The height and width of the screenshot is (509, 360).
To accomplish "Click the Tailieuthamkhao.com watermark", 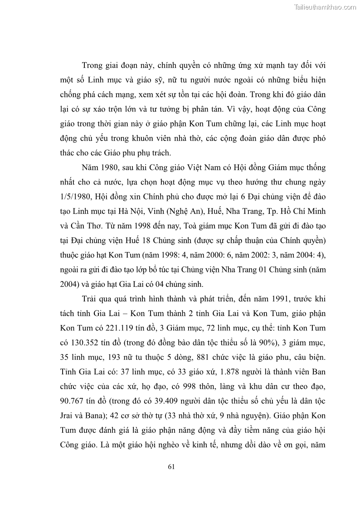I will tap(325, 7).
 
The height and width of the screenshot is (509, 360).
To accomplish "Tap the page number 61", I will tap(171, 466).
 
